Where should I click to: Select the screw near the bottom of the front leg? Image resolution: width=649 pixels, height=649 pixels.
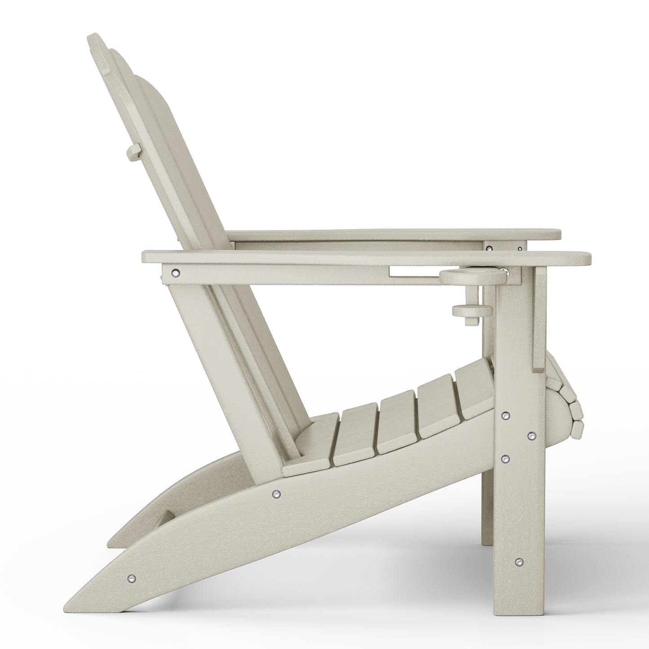519,561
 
